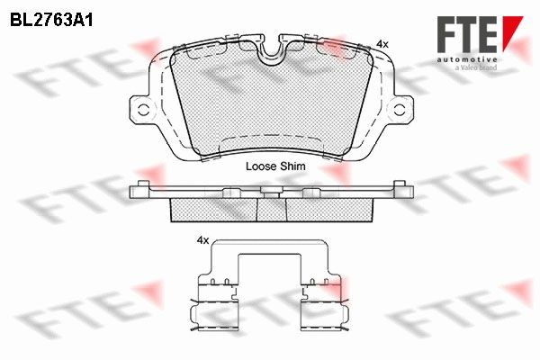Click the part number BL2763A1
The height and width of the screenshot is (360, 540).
[51, 21]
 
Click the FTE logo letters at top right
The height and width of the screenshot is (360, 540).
[467, 34]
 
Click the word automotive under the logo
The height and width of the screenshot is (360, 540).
[467, 60]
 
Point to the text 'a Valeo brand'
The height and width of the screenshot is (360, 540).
[476, 67]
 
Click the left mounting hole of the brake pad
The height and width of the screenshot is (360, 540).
[142, 110]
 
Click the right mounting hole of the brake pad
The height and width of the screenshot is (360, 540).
[400, 110]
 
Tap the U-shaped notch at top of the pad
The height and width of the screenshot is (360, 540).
[272, 51]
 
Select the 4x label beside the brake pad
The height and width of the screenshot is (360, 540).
[382, 44]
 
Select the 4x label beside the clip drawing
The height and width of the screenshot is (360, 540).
[202, 240]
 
